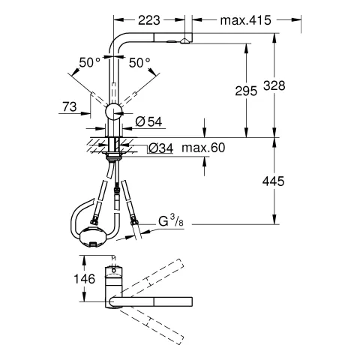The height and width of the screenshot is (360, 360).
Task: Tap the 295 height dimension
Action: tap(245, 91)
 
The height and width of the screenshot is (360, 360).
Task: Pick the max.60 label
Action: tap(202, 147)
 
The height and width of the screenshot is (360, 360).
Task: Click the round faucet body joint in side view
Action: tap(114, 112)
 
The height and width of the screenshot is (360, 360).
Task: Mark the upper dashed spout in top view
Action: tap(154, 277)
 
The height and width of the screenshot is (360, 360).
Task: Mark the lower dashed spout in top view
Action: tap(154, 322)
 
